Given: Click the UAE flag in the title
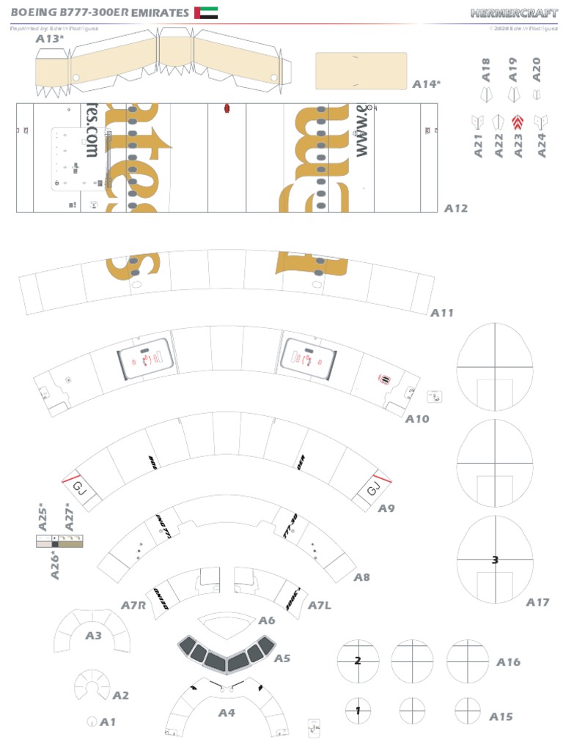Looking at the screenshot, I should click(206, 12).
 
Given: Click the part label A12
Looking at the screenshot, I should click(455, 208).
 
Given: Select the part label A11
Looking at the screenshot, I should click(441, 313).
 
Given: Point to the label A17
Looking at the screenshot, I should click(537, 602).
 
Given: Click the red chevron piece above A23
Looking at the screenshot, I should click(518, 122).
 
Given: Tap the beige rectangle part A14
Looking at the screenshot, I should click(361, 71).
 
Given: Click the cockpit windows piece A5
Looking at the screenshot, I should click(226, 653).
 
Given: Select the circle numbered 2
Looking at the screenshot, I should click(358, 661).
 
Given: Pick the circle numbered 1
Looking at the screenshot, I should click(358, 710).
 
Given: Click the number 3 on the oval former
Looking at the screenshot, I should click(495, 560).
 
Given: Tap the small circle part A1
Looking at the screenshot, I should click(92, 721).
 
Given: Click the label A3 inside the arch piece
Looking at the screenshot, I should click(93, 636).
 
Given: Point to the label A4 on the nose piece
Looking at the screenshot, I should click(227, 712).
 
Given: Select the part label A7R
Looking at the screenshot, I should click(134, 606).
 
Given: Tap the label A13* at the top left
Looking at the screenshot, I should click(49, 39).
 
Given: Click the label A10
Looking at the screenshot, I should click(417, 419).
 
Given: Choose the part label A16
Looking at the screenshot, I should click(508, 661).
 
